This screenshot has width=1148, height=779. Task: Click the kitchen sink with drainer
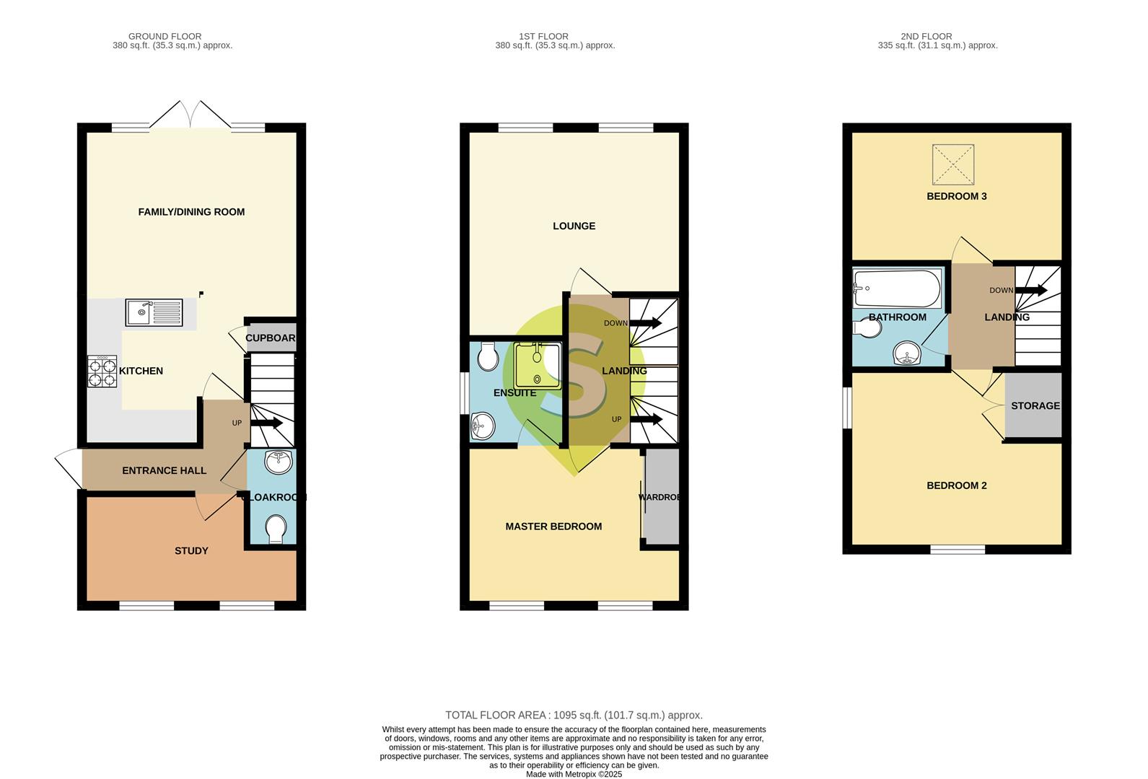pos(154,312)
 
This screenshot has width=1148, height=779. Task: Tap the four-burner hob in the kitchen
pos(102,371)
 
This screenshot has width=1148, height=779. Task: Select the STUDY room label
pos(191,550)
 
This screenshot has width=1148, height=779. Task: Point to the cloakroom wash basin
pos(279,462)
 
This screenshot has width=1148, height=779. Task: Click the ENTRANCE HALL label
pos(164,470)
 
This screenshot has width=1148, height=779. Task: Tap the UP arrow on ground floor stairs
pos(266,423)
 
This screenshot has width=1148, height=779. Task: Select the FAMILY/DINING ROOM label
pos(191,211)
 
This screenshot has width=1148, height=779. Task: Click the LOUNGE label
pos(574,226)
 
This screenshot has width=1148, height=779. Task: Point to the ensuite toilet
pos(488,356)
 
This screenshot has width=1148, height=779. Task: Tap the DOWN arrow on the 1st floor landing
pos(645,323)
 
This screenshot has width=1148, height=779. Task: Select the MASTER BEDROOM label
pos(553,527)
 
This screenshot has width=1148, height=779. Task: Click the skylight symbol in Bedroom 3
pos(952,164)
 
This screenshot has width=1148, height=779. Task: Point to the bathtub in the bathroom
pos(897,289)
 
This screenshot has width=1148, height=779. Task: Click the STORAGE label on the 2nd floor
pos(1035,405)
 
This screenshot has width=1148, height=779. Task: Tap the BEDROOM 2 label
pos(956,485)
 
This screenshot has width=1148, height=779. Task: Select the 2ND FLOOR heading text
pos(926,36)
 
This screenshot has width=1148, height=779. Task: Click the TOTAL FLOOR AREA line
pos(574,715)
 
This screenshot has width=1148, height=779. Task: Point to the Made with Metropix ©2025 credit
pos(574,775)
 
